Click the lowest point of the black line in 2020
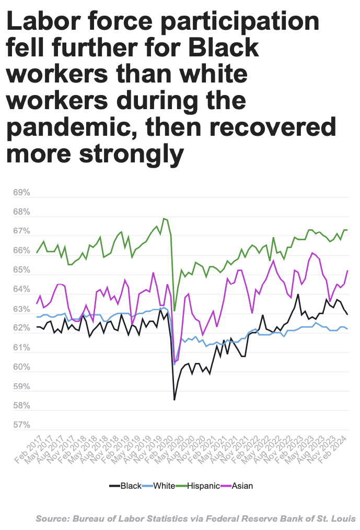[x=174, y=400]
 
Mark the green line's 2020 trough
[x=175, y=311]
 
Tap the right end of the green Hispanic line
[x=347, y=230]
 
